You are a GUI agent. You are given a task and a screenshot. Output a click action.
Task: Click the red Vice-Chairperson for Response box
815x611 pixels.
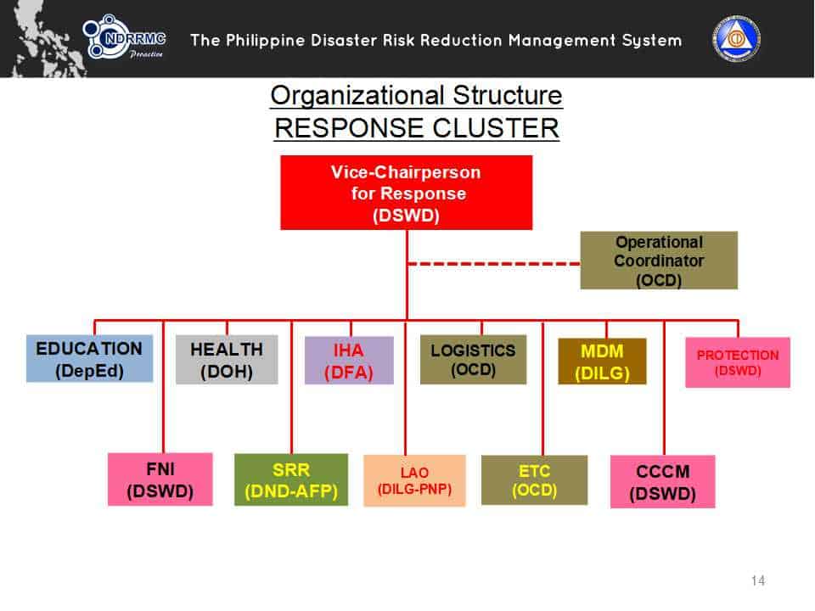point(406,193)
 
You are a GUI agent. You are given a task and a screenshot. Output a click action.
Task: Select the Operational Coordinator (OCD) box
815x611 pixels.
point(659,261)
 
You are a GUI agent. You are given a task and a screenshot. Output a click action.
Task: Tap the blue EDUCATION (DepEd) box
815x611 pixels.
point(89,359)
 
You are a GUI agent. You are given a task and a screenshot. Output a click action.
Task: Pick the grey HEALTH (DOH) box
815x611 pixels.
point(227,360)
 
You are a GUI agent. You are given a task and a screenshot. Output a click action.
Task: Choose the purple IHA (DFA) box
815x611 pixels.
point(349,361)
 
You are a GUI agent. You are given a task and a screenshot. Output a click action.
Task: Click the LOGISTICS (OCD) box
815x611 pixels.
point(473,360)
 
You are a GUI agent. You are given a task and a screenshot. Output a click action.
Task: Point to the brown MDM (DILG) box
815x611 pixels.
point(602,362)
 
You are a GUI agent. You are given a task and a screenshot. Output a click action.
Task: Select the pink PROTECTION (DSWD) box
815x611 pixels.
point(737,362)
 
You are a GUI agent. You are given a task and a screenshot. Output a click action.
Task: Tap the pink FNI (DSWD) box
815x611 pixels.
point(160,479)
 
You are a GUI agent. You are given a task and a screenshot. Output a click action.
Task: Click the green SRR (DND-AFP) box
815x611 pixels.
point(291,479)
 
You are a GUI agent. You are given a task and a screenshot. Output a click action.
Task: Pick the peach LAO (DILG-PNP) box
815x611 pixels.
point(414,481)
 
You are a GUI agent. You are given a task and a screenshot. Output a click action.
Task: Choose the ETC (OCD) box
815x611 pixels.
point(534,480)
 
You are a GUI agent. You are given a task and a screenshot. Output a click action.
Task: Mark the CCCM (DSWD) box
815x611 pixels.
point(662,482)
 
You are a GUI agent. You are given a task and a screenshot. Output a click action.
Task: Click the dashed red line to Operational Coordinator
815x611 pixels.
point(492,264)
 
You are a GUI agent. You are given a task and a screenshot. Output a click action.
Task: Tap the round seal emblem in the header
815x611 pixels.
point(736,39)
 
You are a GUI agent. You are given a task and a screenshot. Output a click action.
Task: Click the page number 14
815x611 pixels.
point(758,580)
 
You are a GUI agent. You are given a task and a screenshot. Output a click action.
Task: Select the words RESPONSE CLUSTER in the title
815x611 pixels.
point(416,128)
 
